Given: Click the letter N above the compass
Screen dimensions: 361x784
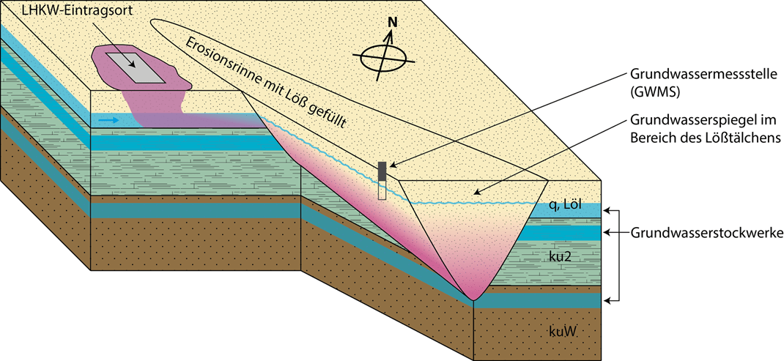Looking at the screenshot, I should point(392,23).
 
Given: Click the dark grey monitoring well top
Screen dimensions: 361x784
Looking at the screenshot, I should point(382,170).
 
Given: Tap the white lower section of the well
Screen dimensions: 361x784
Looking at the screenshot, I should point(382,190).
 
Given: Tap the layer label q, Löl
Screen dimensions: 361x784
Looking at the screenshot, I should point(565,206).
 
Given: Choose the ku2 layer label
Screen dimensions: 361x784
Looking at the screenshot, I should point(560,258).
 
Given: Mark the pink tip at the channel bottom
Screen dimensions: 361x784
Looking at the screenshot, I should point(473,294).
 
